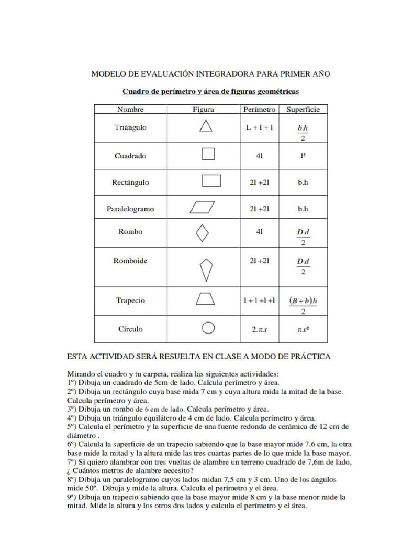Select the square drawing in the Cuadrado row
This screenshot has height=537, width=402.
pyautogui.click(x=208, y=155)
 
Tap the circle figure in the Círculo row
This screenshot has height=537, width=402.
pyautogui.click(x=208, y=329)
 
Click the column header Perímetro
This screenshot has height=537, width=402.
pyautogui.click(x=259, y=110)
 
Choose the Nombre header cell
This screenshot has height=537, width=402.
pyautogui.click(x=130, y=110)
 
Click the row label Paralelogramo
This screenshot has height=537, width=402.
pyautogui.click(x=130, y=208)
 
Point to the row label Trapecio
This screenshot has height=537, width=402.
pyautogui.click(x=130, y=300)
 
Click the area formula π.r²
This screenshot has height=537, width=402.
pyautogui.click(x=303, y=330)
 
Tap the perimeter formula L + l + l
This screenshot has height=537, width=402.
pyautogui.click(x=259, y=127)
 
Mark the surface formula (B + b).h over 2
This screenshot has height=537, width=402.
pyautogui.click(x=303, y=305)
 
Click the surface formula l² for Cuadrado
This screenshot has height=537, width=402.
pyautogui.click(x=303, y=156)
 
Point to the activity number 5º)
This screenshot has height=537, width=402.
pyautogui.click(x=74, y=426)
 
